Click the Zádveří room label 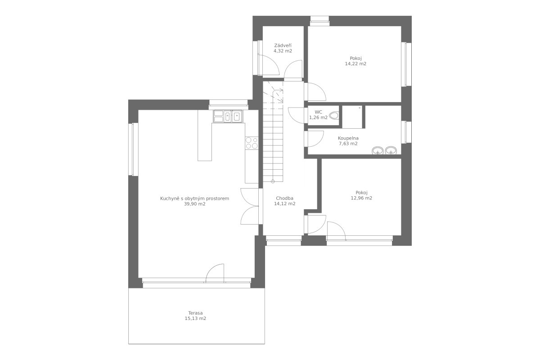click(x=283, y=45)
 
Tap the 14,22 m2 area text click(x=355, y=63)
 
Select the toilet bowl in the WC click(x=334, y=116)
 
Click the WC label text click(x=318, y=112)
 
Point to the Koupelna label click(x=348, y=138)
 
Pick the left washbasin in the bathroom click(x=378, y=151)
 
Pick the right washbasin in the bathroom click(x=391, y=151)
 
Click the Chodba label click(x=285, y=198)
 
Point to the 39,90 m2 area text click(x=195, y=204)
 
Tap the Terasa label click(x=195, y=313)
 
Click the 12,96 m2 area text click(x=361, y=198)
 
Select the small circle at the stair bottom click(x=273, y=181)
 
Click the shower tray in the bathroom click(x=352, y=117)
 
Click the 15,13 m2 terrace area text click(x=195, y=318)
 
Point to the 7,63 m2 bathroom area click(x=348, y=144)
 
